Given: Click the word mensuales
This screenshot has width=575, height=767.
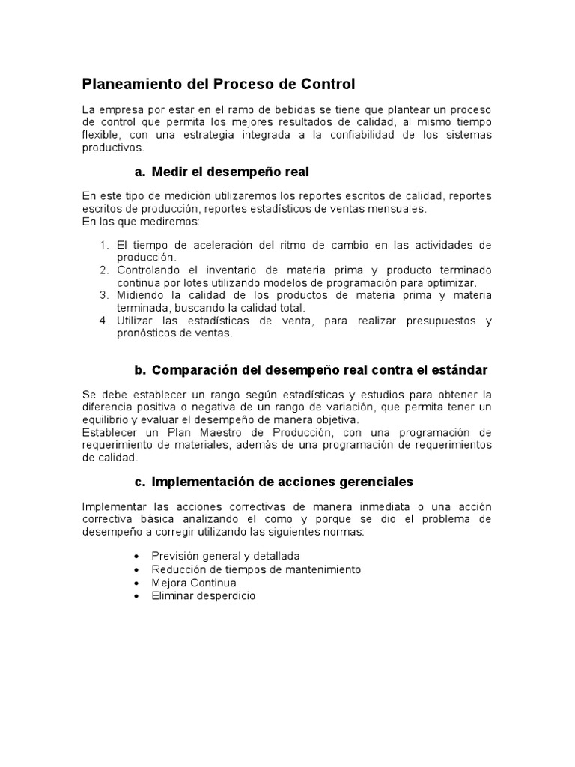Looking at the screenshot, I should (x=398, y=209).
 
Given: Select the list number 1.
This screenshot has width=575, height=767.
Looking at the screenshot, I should (x=104, y=245).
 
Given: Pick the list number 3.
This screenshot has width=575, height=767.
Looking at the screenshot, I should (x=104, y=295).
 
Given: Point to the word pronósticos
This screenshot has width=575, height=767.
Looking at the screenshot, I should (x=146, y=333).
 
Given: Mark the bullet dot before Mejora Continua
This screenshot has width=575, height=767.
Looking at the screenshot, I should (x=135, y=583).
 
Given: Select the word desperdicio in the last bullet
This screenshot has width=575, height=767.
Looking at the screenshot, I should (x=225, y=595).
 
